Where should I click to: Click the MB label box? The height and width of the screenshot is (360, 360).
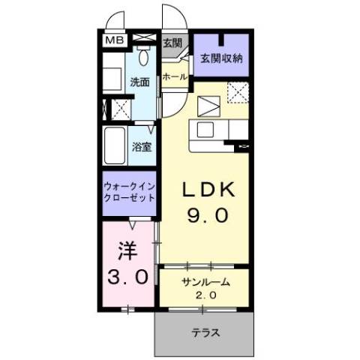pos(114,40)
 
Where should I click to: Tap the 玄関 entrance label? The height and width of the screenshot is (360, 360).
pos(172,43)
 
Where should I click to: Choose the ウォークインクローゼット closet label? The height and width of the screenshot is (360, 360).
pos(129,191)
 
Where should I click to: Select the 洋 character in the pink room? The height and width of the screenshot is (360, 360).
pos(125,248)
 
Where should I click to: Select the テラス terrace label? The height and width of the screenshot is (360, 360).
pos(204,333)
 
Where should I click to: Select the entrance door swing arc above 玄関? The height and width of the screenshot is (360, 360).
pos(171,19)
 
